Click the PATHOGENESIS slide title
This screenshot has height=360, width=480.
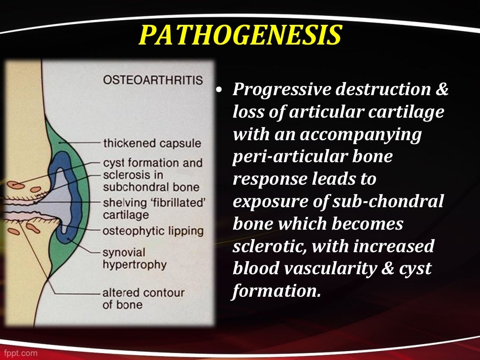point(240,36)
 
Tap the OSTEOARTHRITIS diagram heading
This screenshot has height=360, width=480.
point(153,80)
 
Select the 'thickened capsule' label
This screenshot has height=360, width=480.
point(152,143)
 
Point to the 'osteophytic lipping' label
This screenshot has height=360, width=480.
point(153,231)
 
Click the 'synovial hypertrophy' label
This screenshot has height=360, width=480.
point(135,258)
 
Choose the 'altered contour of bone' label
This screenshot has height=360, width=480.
point(143,299)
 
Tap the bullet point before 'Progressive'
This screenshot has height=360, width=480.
point(219,91)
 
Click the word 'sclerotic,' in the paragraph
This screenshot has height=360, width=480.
point(268,246)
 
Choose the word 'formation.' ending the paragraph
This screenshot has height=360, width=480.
point(277,291)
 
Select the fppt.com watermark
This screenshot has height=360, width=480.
point(19,352)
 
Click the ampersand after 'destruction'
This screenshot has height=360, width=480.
point(442,90)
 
